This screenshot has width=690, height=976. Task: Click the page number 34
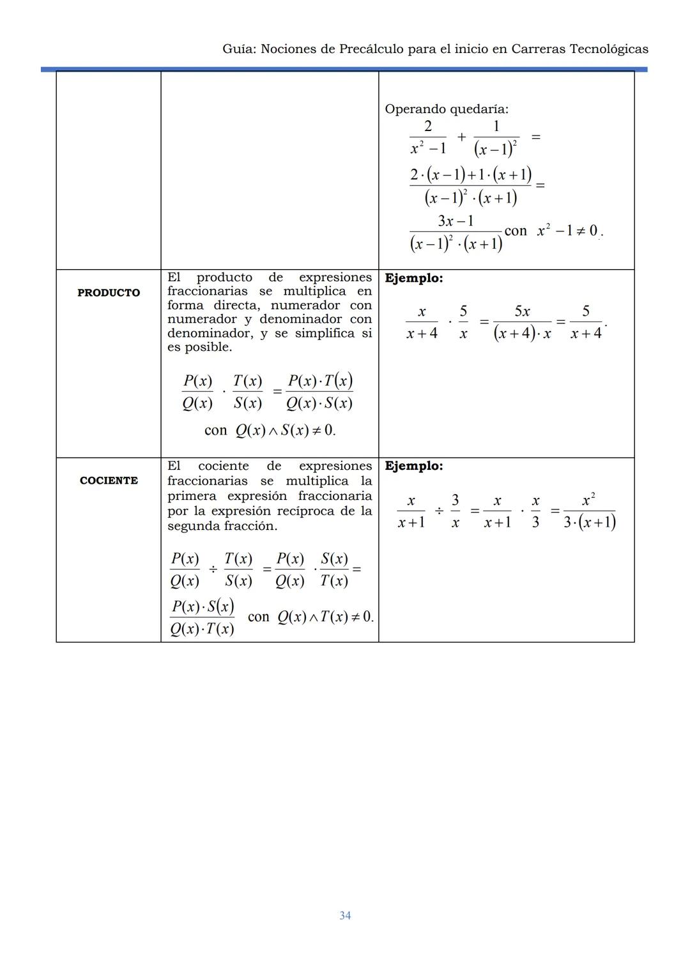click(345, 915)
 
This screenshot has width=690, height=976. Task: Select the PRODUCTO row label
click(109, 293)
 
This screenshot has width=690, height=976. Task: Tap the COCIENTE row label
click(109, 481)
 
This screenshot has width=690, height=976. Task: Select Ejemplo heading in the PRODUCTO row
click(413, 278)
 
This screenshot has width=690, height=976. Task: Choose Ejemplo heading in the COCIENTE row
click(413, 466)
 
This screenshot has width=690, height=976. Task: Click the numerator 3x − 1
click(456, 221)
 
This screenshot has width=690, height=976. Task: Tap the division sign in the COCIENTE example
click(439, 511)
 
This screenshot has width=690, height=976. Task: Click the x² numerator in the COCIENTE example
click(588, 500)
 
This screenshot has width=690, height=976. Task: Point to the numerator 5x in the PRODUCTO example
click(522, 311)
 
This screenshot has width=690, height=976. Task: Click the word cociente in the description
click(223, 466)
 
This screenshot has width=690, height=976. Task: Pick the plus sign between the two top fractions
click(461, 136)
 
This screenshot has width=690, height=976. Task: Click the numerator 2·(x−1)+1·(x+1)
click(470, 174)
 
